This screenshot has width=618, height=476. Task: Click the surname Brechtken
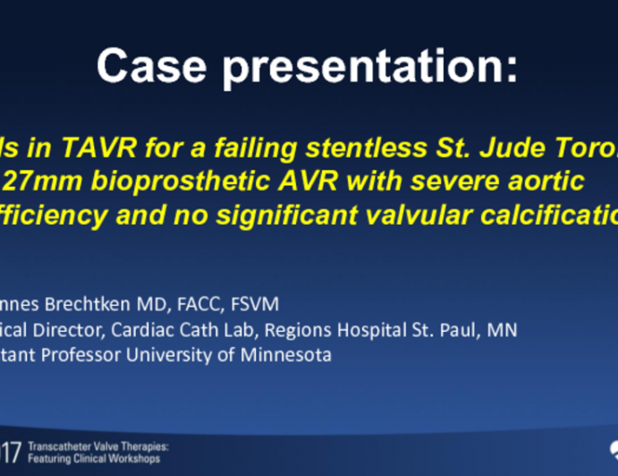pos(110,304)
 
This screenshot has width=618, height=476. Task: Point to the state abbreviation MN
pos(503,329)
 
